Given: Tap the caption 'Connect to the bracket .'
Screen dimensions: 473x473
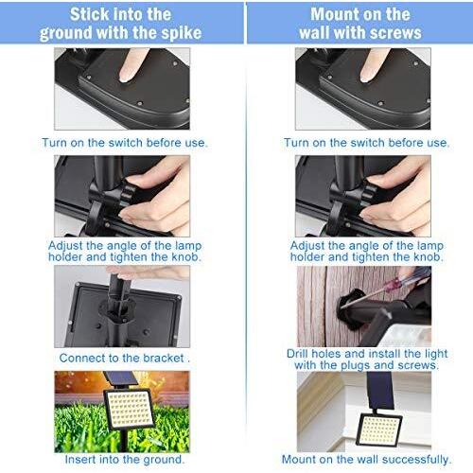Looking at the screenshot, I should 124,359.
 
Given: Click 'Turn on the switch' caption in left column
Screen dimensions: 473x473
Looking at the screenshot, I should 124,142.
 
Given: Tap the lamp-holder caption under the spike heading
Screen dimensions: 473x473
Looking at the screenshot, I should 124,250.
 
